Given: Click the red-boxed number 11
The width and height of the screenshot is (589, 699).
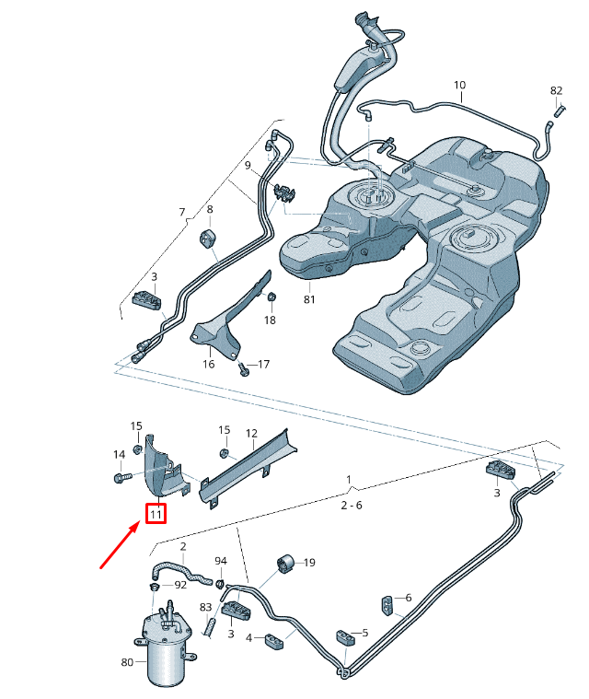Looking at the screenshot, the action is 156,514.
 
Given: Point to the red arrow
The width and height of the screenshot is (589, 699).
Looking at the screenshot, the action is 119,546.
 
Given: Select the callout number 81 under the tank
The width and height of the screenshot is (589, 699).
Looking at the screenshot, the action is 309,299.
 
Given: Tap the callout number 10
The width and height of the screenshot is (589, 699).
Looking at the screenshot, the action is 459,85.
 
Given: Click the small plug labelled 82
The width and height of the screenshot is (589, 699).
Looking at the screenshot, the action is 560,110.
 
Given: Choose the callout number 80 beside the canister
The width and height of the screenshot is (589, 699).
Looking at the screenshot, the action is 127,662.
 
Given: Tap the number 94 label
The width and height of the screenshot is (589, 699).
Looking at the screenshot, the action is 221,561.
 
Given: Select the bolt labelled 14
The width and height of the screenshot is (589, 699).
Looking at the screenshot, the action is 122,477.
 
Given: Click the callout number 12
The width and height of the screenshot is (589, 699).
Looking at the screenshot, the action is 251,434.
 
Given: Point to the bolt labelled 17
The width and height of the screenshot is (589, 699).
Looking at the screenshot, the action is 243,368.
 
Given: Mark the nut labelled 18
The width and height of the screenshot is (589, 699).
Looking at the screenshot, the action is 271,296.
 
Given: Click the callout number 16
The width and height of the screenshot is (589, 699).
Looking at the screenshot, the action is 209,364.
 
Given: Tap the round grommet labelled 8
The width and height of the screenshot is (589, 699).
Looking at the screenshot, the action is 207,238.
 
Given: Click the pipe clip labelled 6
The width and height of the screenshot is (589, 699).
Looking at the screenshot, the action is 387,605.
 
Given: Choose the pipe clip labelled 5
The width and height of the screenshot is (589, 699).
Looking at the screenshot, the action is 346,637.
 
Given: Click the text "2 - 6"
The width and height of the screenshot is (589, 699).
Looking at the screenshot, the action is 352,505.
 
